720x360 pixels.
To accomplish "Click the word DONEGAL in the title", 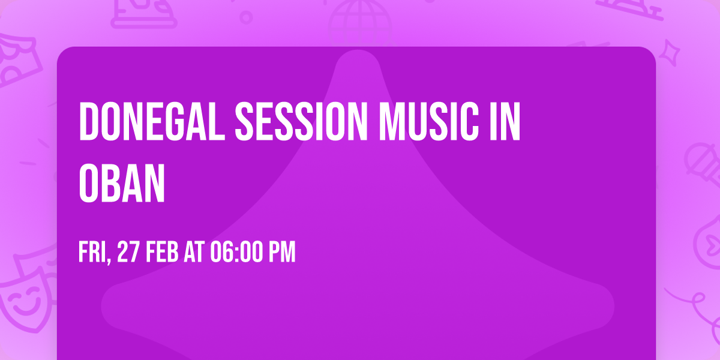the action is pyautogui.click(x=152, y=121).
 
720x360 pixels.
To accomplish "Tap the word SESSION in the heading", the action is pyautogui.click(x=301, y=121).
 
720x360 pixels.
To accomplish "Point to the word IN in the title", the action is pyautogui.click(x=505, y=121).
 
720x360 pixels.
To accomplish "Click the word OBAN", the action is pyautogui.click(x=122, y=183).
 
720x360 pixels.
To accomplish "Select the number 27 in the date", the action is pyautogui.click(x=128, y=253).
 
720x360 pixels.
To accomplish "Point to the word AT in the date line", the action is pyautogui.click(x=194, y=253).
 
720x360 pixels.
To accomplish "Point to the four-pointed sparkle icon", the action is pyautogui.click(x=670, y=53).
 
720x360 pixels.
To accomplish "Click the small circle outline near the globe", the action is pyautogui.click(x=246, y=18).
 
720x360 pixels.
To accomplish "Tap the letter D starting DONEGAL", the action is pyautogui.click(x=88, y=121).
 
